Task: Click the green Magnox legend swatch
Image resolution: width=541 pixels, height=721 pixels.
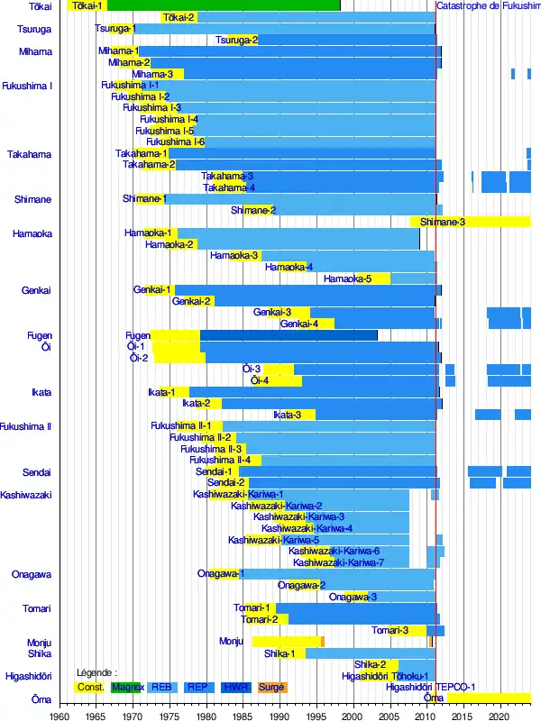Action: point(126,687)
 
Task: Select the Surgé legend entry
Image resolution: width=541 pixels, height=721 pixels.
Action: point(271,687)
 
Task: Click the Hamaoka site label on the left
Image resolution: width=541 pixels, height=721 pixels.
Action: point(32,233)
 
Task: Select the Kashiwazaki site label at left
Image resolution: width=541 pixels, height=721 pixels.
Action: point(26,495)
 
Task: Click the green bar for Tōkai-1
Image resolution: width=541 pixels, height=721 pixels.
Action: point(225,5)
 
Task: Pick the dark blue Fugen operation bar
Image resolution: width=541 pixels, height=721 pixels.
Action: point(289,335)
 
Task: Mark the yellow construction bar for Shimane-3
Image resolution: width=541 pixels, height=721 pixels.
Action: point(469,222)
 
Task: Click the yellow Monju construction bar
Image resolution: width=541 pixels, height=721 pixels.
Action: point(286,642)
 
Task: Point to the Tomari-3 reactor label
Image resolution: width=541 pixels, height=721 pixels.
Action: point(390,630)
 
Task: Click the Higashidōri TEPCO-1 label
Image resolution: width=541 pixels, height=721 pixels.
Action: point(430,687)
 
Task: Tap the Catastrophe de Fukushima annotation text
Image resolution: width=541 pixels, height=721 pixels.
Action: point(488,5)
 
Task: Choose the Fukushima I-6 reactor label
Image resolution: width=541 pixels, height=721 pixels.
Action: point(175,141)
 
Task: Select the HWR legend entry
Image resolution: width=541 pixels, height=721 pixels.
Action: point(234,687)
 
